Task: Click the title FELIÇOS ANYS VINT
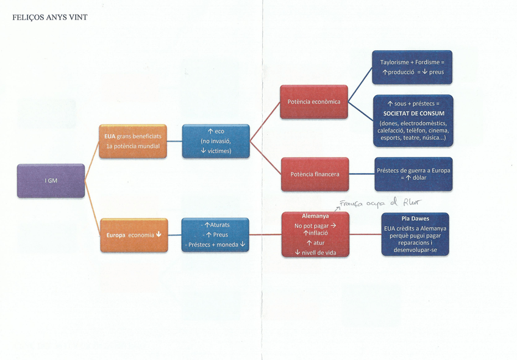[x=50, y=18]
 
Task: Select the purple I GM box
[x=51, y=181]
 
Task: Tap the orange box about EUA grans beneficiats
[x=132, y=141]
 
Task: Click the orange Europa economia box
[x=132, y=235]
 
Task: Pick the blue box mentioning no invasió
[x=216, y=141]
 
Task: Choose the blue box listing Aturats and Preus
[x=216, y=235]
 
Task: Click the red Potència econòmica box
[x=314, y=102]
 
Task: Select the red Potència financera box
[x=314, y=174]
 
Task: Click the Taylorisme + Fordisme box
[x=413, y=67]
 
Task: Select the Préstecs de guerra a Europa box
[x=413, y=174]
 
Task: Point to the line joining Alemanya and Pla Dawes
[x=365, y=234]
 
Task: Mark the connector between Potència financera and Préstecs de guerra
[x=361, y=174]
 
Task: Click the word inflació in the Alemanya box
[x=319, y=233]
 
